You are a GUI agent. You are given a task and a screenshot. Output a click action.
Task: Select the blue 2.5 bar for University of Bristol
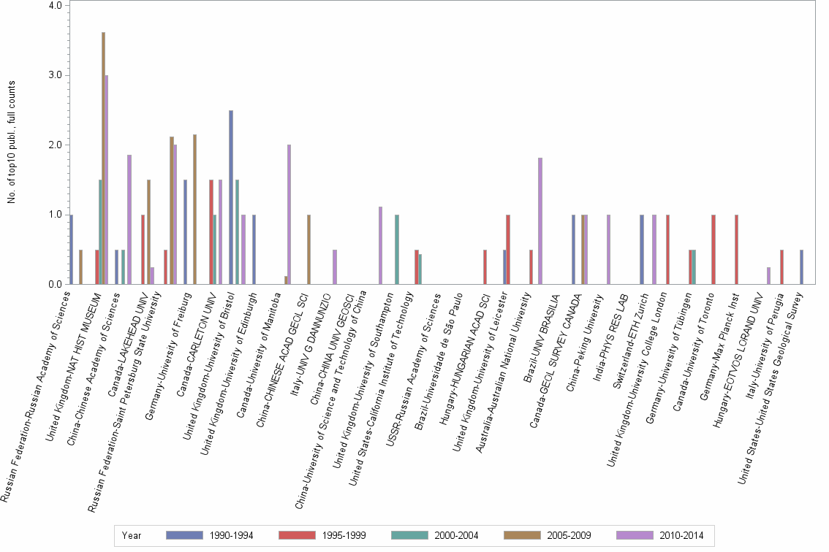tap(231, 197)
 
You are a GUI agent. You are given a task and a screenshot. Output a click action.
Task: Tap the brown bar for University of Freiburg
tap(195, 209)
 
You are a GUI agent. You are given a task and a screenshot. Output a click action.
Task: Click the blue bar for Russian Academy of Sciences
tap(71, 249)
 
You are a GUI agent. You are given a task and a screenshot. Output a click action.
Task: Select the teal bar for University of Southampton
tap(397, 249)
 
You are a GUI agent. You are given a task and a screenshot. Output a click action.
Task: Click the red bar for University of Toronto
tap(713, 249)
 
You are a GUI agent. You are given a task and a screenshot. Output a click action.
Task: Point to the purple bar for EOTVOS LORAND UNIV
tap(769, 275)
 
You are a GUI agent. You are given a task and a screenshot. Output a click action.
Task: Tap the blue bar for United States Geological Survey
tap(802, 267)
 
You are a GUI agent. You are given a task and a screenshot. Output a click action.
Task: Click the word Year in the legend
tap(132, 536)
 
